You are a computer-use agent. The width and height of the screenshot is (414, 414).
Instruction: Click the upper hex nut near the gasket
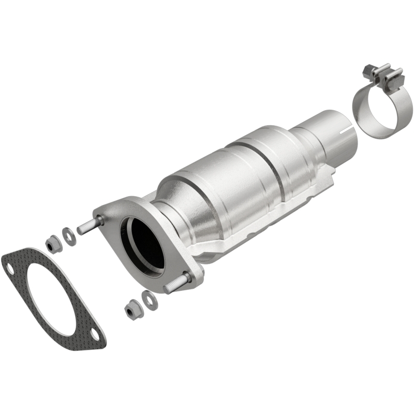coord(53,243)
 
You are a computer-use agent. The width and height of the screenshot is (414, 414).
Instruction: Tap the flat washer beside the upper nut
coord(68,234)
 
